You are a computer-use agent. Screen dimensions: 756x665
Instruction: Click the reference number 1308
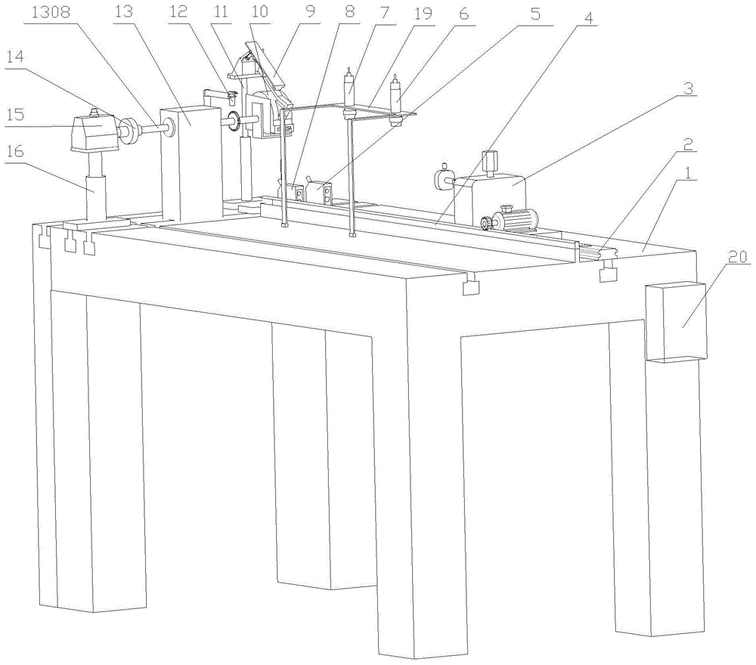(x=51, y=12)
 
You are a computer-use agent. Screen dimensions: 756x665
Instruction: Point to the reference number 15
(x=14, y=115)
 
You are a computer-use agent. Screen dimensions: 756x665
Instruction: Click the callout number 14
(x=14, y=57)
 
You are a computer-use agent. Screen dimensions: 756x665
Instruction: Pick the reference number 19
(x=423, y=13)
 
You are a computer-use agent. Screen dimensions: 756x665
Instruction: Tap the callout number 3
(x=688, y=88)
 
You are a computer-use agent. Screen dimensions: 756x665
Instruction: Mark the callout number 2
(x=688, y=144)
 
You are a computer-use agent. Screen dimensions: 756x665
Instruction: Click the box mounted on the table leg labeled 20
(x=676, y=321)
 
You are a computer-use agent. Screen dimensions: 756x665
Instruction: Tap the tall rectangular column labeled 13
(x=191, y=162)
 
